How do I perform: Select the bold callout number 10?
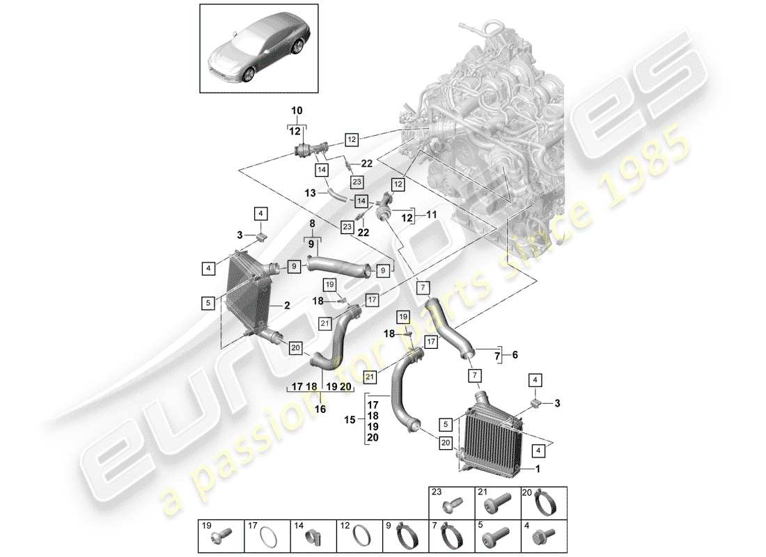297,111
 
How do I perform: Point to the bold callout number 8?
313,223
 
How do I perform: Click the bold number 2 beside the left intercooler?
286,305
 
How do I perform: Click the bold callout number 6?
515,354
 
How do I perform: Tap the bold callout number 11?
432,216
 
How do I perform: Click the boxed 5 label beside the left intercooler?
208,303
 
